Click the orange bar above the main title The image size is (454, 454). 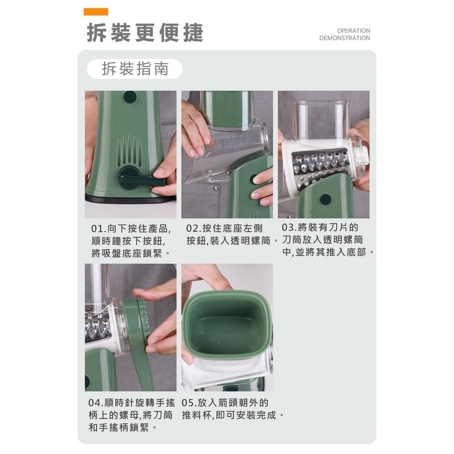tap(96, 12)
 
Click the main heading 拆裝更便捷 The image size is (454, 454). tap(145, 33)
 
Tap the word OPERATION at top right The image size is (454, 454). tap(353, 30)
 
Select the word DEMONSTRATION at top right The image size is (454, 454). tap(345, 38)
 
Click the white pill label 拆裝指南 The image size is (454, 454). tap(134, 69)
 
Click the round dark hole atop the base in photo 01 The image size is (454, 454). tap(130, 97)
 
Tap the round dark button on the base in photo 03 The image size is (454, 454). tap(325, 199)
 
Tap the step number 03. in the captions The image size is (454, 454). tap(291, 227)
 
